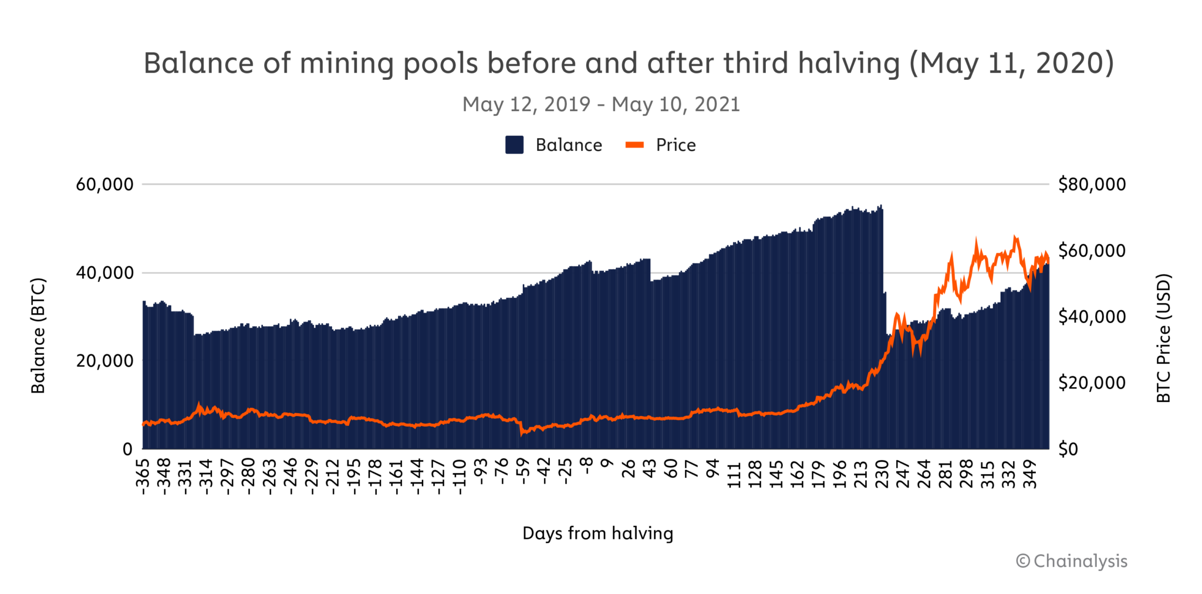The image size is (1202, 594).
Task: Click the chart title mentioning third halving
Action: [x=628, y=63]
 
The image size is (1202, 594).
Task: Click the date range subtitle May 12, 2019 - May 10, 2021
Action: [x=600, y=105]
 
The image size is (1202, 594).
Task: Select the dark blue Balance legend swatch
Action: [x=514, y=145]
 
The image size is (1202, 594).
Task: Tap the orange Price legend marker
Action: [x=634, y=145]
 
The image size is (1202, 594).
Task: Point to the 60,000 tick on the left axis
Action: [x=104, y=184]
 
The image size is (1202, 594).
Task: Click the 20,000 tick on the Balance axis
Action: [x=104, y=361]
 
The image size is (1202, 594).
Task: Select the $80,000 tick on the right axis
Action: [x=1092, y=184]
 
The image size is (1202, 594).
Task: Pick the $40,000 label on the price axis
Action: [x=1092, y=317]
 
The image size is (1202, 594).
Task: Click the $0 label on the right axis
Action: [x=1068, y=449]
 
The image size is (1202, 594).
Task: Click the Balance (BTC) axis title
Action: [x=38, y=335]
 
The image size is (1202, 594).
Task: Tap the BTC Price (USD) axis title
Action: [x=1163, y=338]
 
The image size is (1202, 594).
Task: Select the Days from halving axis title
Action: [x=597, y=533]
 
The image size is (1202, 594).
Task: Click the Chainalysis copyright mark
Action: [x=1071, y=561]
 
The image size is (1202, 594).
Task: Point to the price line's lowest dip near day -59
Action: [x=522, y=434]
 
